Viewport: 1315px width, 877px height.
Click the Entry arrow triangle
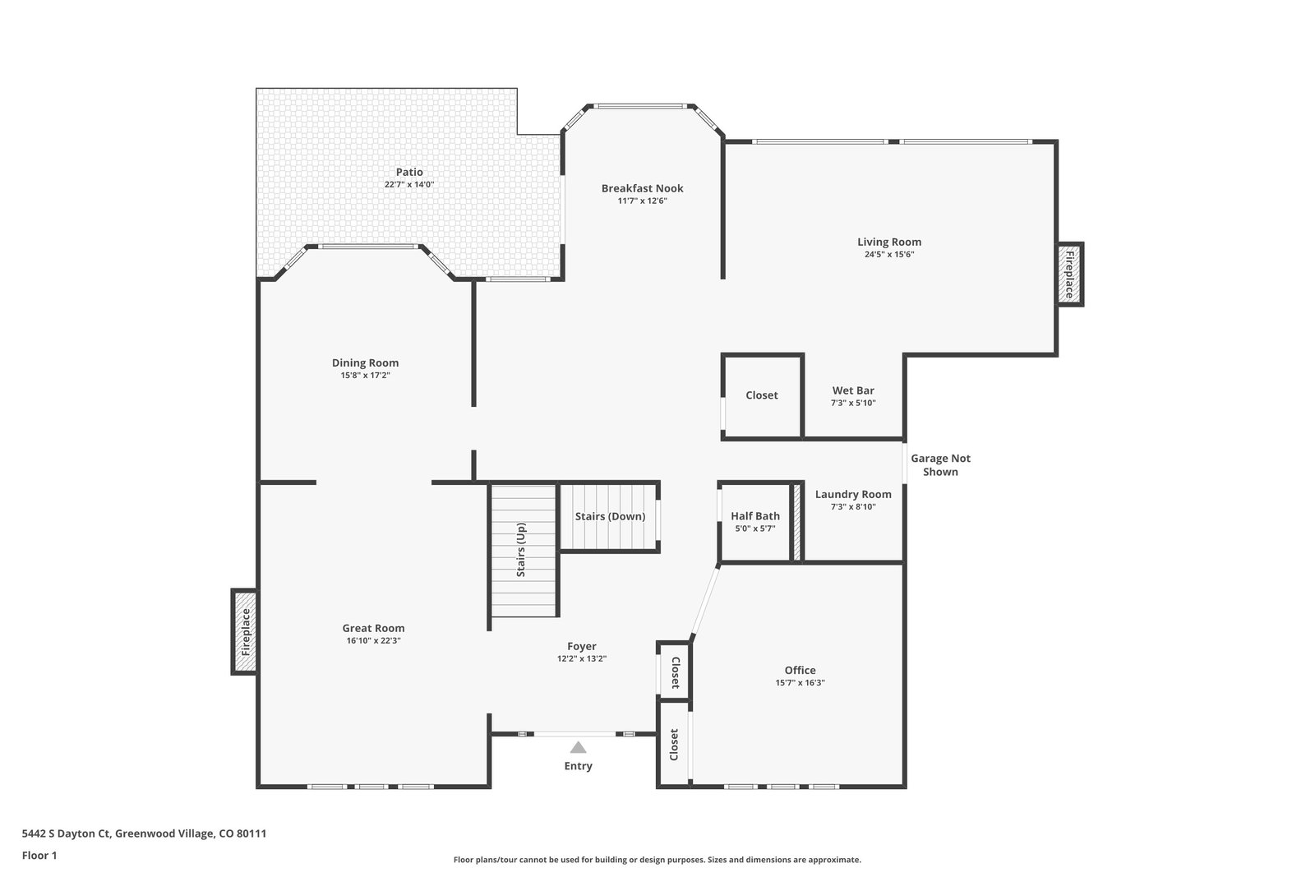[579, 747]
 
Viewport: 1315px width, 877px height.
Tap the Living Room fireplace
[1069, 275]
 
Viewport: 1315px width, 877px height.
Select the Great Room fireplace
[245, 632]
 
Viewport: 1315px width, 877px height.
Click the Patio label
[409, 172]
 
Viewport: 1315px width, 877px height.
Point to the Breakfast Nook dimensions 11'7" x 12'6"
[642, 201]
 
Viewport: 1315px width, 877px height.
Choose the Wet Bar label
[853, 390]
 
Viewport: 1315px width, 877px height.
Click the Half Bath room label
[755, 516]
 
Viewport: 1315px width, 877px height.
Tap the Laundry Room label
[853, 494]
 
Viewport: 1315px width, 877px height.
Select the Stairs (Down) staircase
[609, 516]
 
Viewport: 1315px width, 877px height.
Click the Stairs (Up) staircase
[523, 551]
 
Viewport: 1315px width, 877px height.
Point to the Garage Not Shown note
[940, 465]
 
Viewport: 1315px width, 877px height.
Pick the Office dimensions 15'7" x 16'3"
[800, 683]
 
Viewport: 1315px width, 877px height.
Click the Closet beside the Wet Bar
[761, 395]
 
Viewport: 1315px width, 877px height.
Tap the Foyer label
[582, 646]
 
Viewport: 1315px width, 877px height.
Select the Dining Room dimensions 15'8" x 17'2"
[365, 375]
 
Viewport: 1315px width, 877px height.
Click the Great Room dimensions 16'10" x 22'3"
[373, 640]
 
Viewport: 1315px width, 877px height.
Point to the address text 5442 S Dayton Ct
[67, 833]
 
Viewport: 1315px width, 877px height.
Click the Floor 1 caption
[39, 856]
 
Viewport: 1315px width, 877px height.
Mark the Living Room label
[888, 242]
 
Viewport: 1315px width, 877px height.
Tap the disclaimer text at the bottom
[657, 860]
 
